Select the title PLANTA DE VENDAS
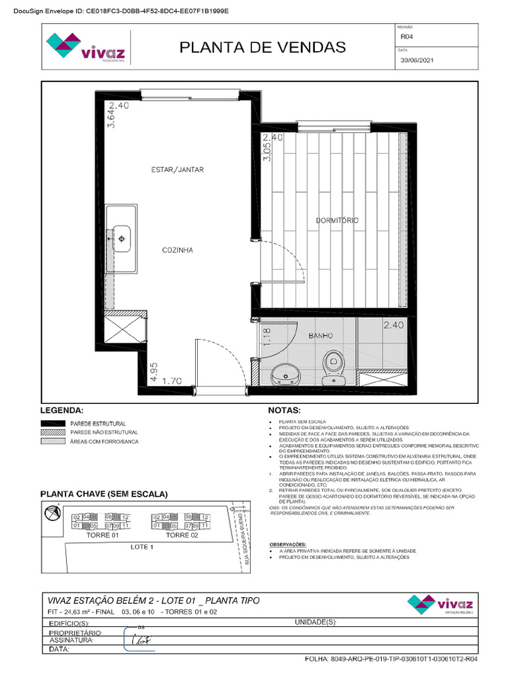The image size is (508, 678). (263, 47)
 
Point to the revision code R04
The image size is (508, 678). (406, 38)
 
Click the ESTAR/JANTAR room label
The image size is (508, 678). (177, 170)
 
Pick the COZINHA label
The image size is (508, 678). (177, 250)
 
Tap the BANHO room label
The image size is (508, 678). (321, 336)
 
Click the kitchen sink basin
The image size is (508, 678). (123, 236)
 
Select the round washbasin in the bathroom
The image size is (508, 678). (286, 375)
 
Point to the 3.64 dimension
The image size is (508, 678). (111, 119)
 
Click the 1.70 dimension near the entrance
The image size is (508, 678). (172, 381)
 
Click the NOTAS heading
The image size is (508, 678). (284, 411)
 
